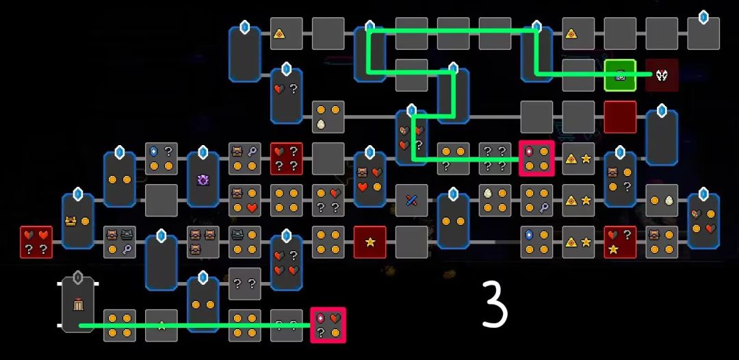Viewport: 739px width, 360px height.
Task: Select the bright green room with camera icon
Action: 620,75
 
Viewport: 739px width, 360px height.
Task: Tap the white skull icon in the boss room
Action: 662,75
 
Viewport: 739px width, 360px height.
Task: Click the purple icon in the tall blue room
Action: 203,179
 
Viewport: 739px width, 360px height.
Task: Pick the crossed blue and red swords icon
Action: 411,201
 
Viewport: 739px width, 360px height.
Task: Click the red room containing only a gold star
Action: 370,242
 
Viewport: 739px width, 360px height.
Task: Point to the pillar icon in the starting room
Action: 78,305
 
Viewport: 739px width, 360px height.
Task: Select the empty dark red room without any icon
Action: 620,117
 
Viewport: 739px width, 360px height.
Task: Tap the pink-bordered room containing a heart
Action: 328,325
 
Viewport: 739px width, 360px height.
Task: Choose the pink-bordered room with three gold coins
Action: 536,158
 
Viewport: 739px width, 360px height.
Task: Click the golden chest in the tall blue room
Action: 71,221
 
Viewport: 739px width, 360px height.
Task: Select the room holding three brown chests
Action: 203,242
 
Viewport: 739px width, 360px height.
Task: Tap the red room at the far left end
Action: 36,242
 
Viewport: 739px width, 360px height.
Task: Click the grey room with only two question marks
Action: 244,283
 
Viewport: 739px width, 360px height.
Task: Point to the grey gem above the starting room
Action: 78,277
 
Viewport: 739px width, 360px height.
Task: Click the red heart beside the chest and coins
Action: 252,208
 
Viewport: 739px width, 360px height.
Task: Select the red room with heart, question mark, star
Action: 620,242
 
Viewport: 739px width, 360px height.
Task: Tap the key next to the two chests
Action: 127,250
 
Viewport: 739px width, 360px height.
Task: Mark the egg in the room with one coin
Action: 669,201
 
